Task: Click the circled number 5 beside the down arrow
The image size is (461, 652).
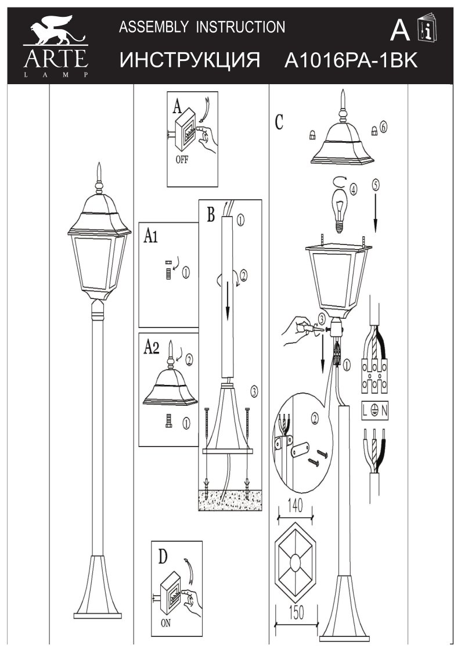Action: [376, 185]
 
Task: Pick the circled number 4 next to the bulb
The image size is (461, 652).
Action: [353, 188]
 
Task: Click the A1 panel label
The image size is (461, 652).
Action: [152, 236]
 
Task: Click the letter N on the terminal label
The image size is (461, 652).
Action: [386, 410]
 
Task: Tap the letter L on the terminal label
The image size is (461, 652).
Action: [367, 410]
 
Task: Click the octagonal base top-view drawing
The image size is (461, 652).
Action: [295, 561]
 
